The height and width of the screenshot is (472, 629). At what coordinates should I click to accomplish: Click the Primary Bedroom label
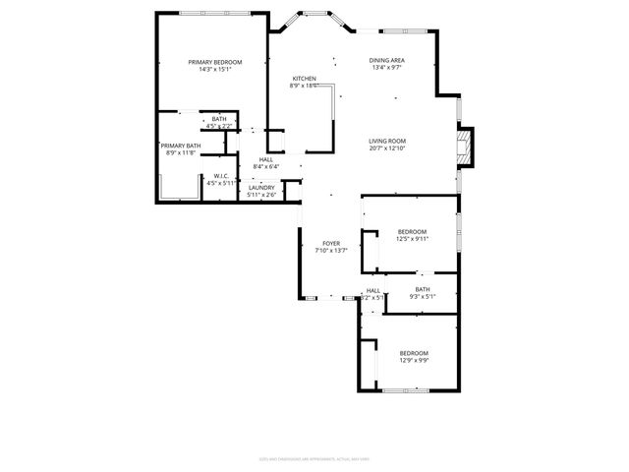point(214,62)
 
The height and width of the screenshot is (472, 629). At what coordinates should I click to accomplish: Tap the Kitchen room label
point(304,78)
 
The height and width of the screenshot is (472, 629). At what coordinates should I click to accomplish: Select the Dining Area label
point(387,61)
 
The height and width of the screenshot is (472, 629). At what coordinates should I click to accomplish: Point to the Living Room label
point(387,141)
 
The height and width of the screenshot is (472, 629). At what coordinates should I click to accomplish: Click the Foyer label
point(331,243)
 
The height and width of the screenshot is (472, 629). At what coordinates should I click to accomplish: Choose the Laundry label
point(260,187)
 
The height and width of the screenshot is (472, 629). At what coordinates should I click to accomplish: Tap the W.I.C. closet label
point(220,176)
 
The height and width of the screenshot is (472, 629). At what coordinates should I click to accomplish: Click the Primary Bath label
point(181,146)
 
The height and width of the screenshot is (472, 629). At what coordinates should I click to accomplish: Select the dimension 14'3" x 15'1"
point(214,70)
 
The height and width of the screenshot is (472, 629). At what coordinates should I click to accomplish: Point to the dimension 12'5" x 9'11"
point(412,239)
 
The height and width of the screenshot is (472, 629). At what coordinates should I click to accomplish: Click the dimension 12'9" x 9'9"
point(413,360)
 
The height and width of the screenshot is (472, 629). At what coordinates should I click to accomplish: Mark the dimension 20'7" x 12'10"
point(387,148)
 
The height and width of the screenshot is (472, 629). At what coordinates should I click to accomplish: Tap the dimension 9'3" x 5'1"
point(422,296)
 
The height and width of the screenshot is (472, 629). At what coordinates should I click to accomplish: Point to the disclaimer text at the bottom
point(314,457)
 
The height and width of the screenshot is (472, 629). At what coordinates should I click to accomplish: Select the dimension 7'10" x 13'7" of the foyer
point(331,251)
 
